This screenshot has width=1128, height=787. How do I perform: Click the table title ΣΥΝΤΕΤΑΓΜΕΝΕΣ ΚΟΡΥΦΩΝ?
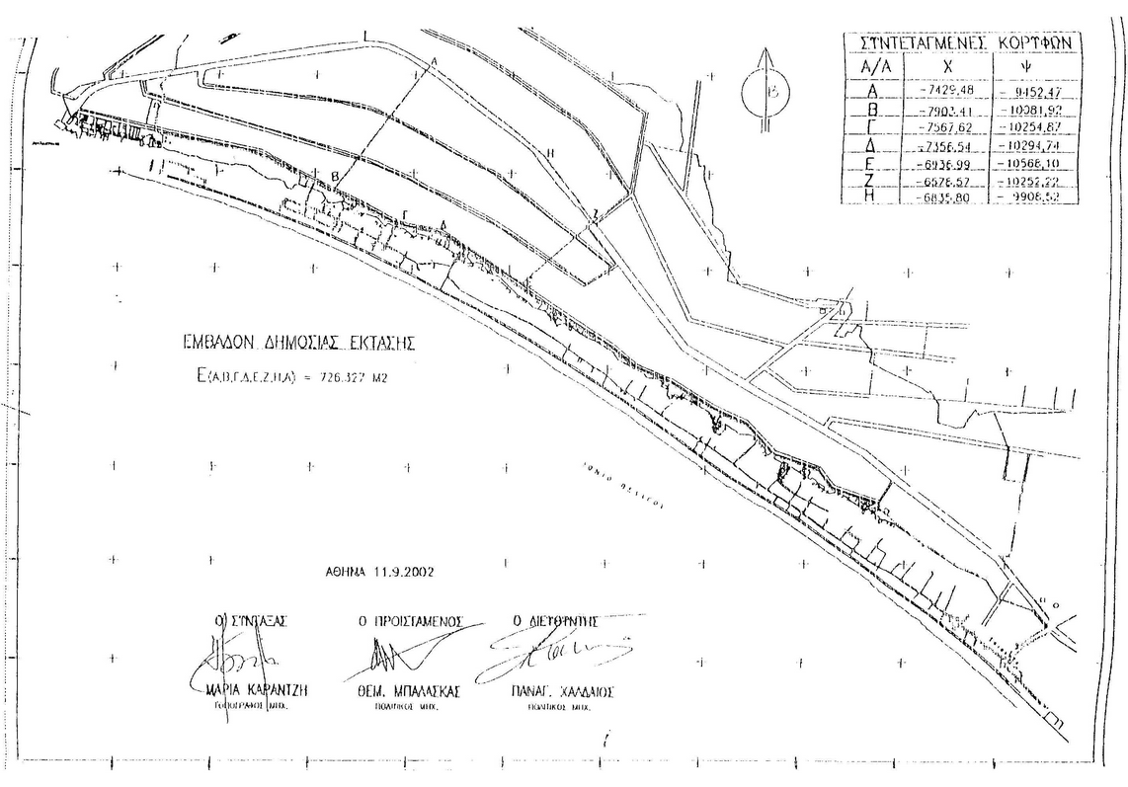[x=961, y=43]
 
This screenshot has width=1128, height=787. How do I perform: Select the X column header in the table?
[x=945, y=67]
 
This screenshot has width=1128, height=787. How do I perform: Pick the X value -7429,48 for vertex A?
[x=945, y=90]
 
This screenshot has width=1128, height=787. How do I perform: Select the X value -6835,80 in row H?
[x=945, y=197]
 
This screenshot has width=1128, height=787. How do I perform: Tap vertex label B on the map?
[x=336, y=176]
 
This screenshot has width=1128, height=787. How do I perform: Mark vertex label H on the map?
[x=550, y=152]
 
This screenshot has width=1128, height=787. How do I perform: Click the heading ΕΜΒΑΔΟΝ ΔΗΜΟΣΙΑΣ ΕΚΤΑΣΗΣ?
[x=299, y=344]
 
